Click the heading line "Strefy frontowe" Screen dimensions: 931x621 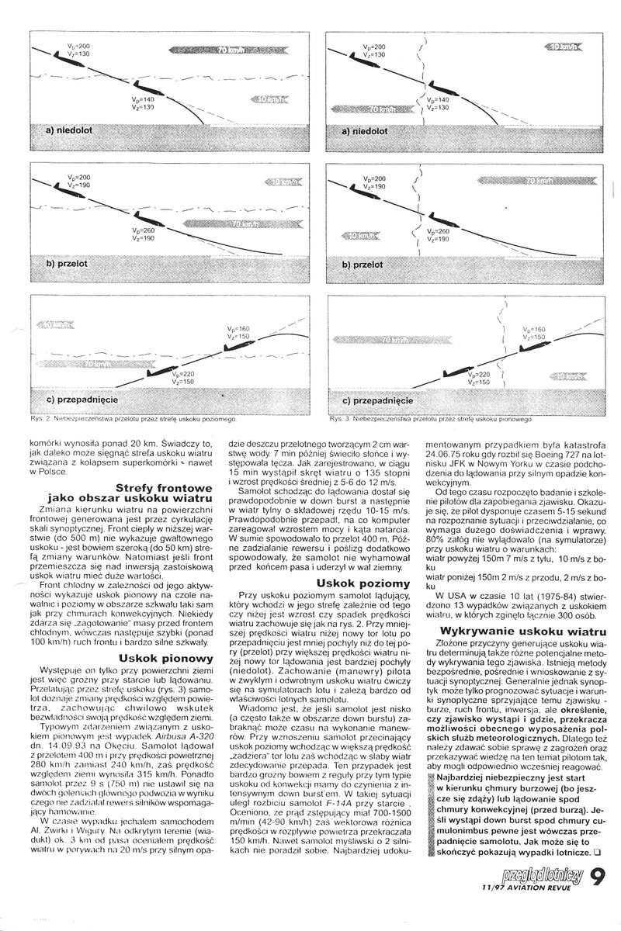pyautogui.click(x=158, y=487)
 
